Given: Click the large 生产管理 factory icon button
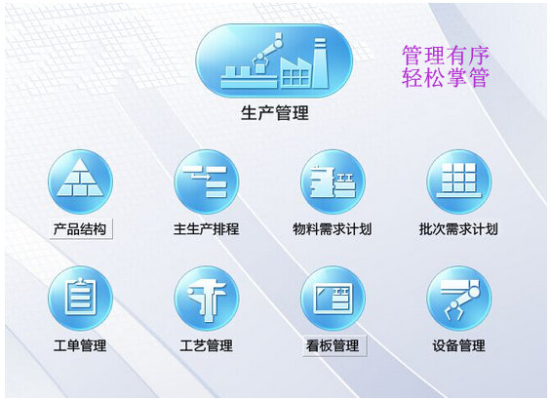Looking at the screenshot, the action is click(x=274, y=60).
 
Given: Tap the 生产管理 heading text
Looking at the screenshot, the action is click(x=275, y=113).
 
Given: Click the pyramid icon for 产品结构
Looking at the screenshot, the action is click(x=81, y=181).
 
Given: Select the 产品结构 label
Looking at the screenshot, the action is click(x=81, y=229).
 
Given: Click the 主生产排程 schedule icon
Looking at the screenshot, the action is click(x=207, y=181).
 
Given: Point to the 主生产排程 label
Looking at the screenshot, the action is click(x=207, y=229).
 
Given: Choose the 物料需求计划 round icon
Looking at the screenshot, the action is click(x=333, y=181).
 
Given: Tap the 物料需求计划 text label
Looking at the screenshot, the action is click(x=333, y=229).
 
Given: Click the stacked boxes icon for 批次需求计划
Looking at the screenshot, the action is click(x=459, y=181).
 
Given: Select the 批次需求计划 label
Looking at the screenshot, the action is click(x=458, y=229).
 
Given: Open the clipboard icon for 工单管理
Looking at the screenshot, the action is click(x=81, y=298).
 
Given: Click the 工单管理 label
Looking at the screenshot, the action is click(x=80, y=345).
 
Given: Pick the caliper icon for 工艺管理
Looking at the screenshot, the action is click(x=207, y=298).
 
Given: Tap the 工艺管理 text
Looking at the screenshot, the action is click(x=207, y=345).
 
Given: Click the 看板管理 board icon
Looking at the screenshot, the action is click(x=333, y=298).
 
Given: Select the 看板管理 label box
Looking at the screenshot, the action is click(x=335, y=345).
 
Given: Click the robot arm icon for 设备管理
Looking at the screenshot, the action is click(x=459, y=298).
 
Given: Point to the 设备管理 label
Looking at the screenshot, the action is click(x=459, y=345).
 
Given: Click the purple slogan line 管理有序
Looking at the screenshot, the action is click(x=446, y=56).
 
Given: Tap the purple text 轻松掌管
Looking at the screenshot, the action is click(x=446, y=77).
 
